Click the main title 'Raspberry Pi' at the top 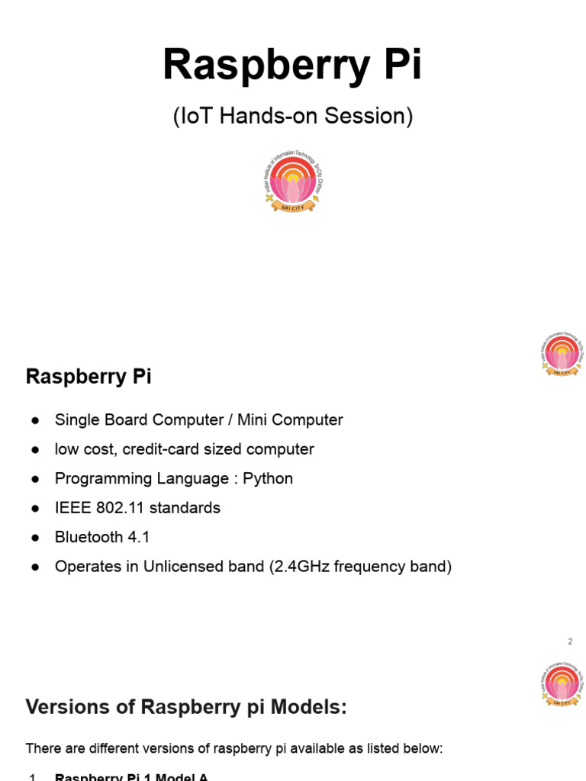click(x=292, y=66)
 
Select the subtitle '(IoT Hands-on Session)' click(x=292, y=117)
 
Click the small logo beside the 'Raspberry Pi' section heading click(x=562, y=354)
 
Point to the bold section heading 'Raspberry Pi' click(x=89, y=377)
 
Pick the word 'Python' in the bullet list click(x=268, y=479)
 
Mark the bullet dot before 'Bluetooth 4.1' click(x=35, y=538)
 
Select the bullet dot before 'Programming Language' click(x=35, y=480)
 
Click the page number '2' click(x=570, y=641)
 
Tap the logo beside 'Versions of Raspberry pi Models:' click(x=562, y=684)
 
